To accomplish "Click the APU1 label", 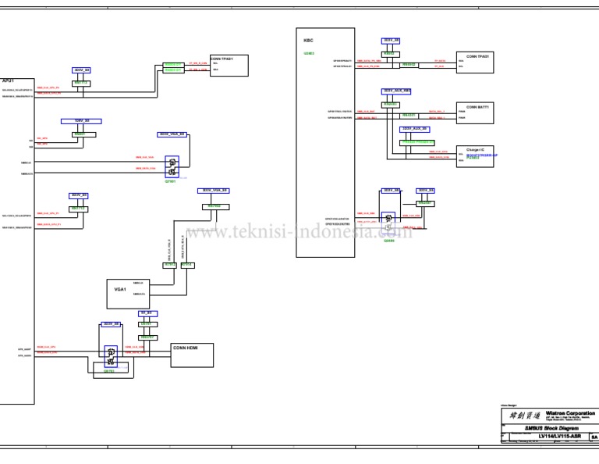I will (8, 80).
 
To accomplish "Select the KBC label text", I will (308, 38).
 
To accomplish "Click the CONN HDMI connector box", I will (191, 354).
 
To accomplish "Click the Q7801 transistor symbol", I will (172, 166).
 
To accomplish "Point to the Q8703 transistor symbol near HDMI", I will (111, 356).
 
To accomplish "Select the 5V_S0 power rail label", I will (148, 312).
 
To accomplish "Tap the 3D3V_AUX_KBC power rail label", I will (396, 91).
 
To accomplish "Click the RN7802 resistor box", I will (215, 206).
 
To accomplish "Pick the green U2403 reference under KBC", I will (309, 53).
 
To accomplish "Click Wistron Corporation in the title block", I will (569, 412).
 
